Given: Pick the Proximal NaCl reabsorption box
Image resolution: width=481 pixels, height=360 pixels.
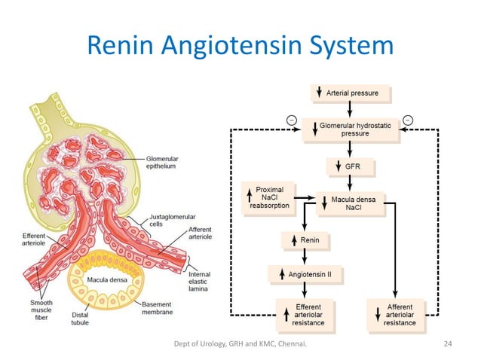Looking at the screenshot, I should pyautogui.click(x=268, y=199).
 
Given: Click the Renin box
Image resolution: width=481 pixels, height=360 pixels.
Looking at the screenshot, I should pyautogui.click(x=304, y=241).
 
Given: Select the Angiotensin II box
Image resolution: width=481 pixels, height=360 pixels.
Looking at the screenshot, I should pyautogui.click(x=304, y=274).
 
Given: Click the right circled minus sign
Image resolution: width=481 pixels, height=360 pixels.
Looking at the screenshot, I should pyautogui.click(x=408, y=120).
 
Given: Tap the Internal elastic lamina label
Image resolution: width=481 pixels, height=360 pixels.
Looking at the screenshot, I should pyautogui.click(x=199, y=276).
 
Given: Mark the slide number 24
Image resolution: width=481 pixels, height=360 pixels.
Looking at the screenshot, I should pyautogui.click(x=449, y=344).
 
